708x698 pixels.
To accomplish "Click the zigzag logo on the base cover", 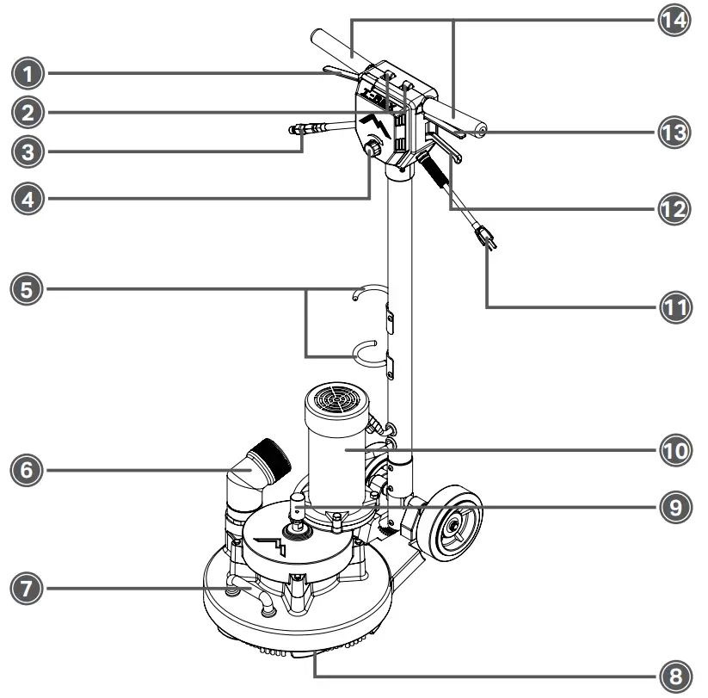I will click(x=278, y=545).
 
